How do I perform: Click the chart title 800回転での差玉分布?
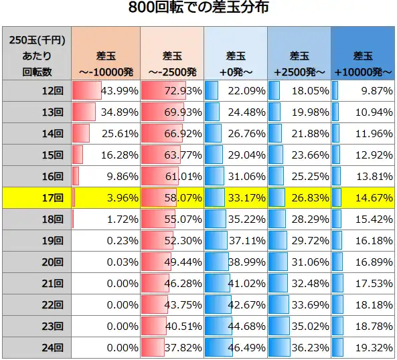point(199,9)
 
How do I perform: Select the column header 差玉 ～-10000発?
point(105,62)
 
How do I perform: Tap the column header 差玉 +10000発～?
point(364,62)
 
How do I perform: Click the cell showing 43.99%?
point(119,90)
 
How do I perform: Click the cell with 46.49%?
point(247,347)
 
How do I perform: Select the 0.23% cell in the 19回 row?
point(122,240)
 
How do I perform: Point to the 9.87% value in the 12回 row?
point(376,90)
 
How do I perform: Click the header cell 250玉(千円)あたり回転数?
point(37,54)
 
